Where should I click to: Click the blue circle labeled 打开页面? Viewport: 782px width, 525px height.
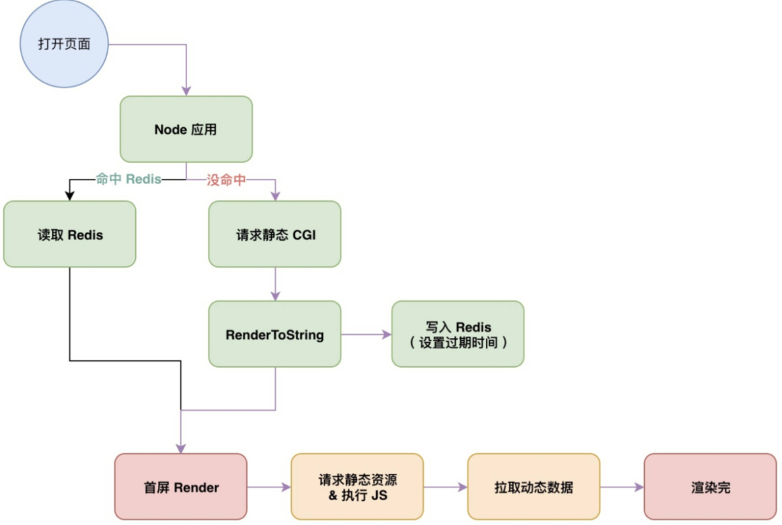click(x=64, y=44)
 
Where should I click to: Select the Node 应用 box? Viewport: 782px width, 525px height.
click(x=186, y=129)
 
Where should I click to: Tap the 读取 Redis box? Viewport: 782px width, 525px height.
click(x=70, y=234)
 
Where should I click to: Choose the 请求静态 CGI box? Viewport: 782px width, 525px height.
click(x=275, y=234)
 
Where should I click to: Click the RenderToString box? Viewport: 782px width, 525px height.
click(x=275, y=334)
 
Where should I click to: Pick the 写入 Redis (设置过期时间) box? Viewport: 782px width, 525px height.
click(x=458, y=334)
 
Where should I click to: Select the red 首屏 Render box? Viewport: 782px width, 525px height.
click(x=181, y=487)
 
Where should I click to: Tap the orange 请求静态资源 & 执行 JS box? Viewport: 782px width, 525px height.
click(x=357, y=487)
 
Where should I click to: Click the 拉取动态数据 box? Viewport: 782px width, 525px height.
click(x=533, y=487)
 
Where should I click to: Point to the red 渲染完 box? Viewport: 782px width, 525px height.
click(x=710, y=487)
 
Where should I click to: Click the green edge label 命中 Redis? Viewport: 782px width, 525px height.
click(x=129, y=179)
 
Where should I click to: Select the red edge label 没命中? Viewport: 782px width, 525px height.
click(x=225, y=179)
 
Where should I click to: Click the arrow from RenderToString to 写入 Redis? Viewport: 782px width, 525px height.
click(x=366, y=334)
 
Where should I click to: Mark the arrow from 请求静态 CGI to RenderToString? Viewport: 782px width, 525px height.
click(x=275, y=284)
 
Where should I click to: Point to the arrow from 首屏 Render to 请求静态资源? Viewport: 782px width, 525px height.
click(x=269, y=487)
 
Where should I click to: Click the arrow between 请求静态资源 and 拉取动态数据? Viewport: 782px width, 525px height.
click(x=445, y=487)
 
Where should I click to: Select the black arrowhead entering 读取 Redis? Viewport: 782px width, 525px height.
click(x=69, y=196)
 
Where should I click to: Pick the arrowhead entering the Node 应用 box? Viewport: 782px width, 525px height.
click(x=186, y=91)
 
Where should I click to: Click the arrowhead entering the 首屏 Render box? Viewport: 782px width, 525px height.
click(x=181, y=448)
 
